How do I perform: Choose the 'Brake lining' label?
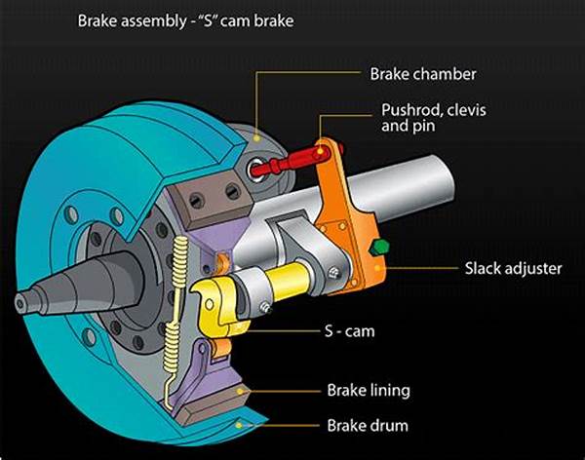(x=367, y=390)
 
